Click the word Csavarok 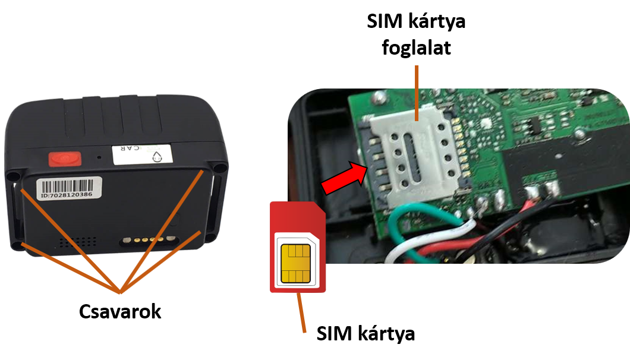(x=119, y=311)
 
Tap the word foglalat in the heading (x=416, y=48)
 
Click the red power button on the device (x=65, y=159)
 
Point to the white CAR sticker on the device (x=142, y=154)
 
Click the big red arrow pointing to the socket (x=344, y=178)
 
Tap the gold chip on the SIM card (x=296, y=264)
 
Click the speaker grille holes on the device (x=78, y=241)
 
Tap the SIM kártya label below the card (x=366, y=333)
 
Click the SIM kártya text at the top (x=416, y=21)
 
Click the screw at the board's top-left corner (x=378, y=96)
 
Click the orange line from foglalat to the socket (x=417, y=93)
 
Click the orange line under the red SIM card (x=301, y=312)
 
